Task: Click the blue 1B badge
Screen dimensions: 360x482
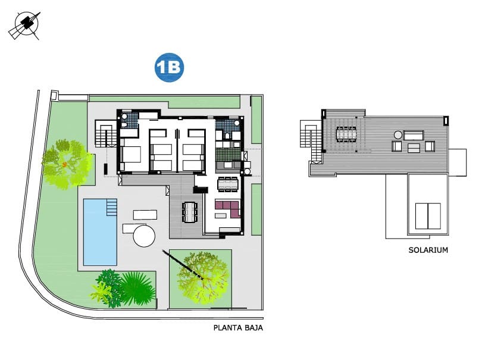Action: click(170, 68)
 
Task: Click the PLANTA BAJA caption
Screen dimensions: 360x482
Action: click(238, 328)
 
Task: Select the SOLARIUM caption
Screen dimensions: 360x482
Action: click(428, 250)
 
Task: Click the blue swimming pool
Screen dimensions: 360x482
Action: click(99, 232)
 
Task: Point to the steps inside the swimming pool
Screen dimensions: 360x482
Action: click(111, 207)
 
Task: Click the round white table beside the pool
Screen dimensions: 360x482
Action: click(144, 236)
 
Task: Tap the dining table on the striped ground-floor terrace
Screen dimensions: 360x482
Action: click(190, 211)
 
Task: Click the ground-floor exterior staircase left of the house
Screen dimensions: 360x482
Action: click(106, 134)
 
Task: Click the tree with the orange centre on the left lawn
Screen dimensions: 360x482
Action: click(64, 163)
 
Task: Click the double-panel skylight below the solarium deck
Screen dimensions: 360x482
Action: click(427, 215)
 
